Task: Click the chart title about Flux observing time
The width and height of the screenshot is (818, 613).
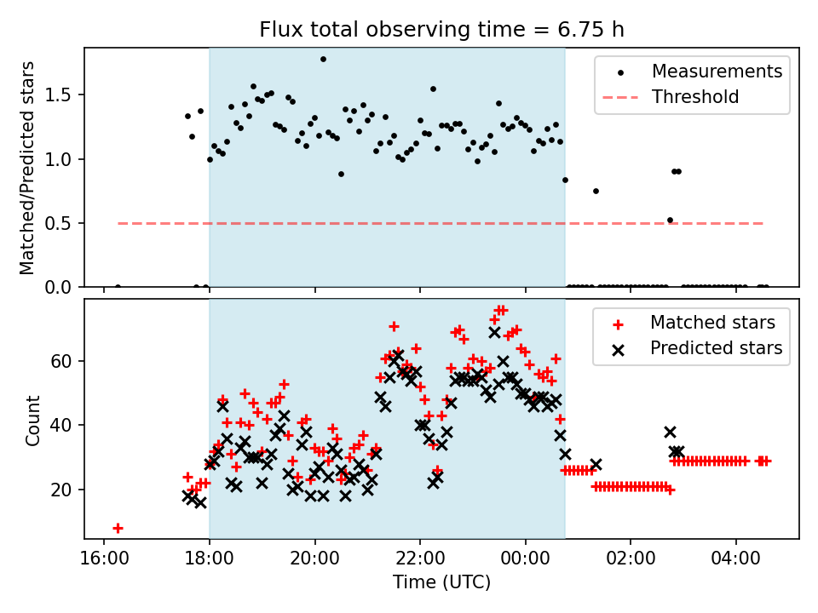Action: point(441,30)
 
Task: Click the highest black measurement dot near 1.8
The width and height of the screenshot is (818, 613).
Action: point(323,59)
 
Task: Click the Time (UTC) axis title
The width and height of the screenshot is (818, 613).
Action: point(441,582)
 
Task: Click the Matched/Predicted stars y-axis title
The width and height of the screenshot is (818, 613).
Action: point(27,168)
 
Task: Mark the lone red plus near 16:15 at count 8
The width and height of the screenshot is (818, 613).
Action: point(118,528)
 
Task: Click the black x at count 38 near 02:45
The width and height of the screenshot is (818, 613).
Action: point(670,432)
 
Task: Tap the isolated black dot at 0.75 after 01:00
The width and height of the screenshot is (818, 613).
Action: point(596,191)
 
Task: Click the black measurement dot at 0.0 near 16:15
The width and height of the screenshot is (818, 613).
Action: point(118,287)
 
